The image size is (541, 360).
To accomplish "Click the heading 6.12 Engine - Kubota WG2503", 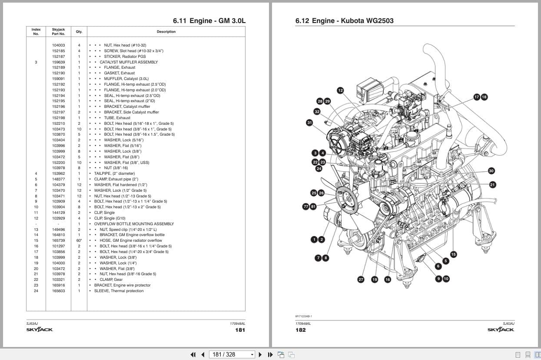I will (x=344, y=20).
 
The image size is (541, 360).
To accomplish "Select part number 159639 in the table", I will (x=58, y=62).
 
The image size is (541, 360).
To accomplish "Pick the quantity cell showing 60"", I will (x=79, y=240).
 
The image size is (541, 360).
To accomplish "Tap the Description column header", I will (x=166, y=32).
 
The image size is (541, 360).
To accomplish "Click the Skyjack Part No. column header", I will (x=58, y=32).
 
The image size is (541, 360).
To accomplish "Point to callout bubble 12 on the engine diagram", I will (x=340, y=90).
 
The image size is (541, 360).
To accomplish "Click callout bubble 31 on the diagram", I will (x=309, y=123).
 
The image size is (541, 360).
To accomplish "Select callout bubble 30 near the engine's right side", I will (x=491, y=171).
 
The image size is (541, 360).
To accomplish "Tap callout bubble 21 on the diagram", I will (x=492, y=185).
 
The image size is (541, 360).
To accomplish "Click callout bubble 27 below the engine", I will (x=361, y=280).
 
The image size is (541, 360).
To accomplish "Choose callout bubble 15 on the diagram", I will (x=453, y=254).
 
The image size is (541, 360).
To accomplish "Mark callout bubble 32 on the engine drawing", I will (x=317, y=112).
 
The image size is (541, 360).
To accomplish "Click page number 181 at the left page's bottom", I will (x=240, y=330).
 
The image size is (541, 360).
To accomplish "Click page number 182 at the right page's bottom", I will (x=300, y=330).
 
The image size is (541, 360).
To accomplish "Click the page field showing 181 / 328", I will (x=231, y=354).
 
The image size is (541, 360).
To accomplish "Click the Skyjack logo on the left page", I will (x=40, y=330).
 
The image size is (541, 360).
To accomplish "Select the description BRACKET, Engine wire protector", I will (x=122, y=285).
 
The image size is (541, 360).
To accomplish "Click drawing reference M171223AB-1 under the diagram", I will (x=304, y=317).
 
